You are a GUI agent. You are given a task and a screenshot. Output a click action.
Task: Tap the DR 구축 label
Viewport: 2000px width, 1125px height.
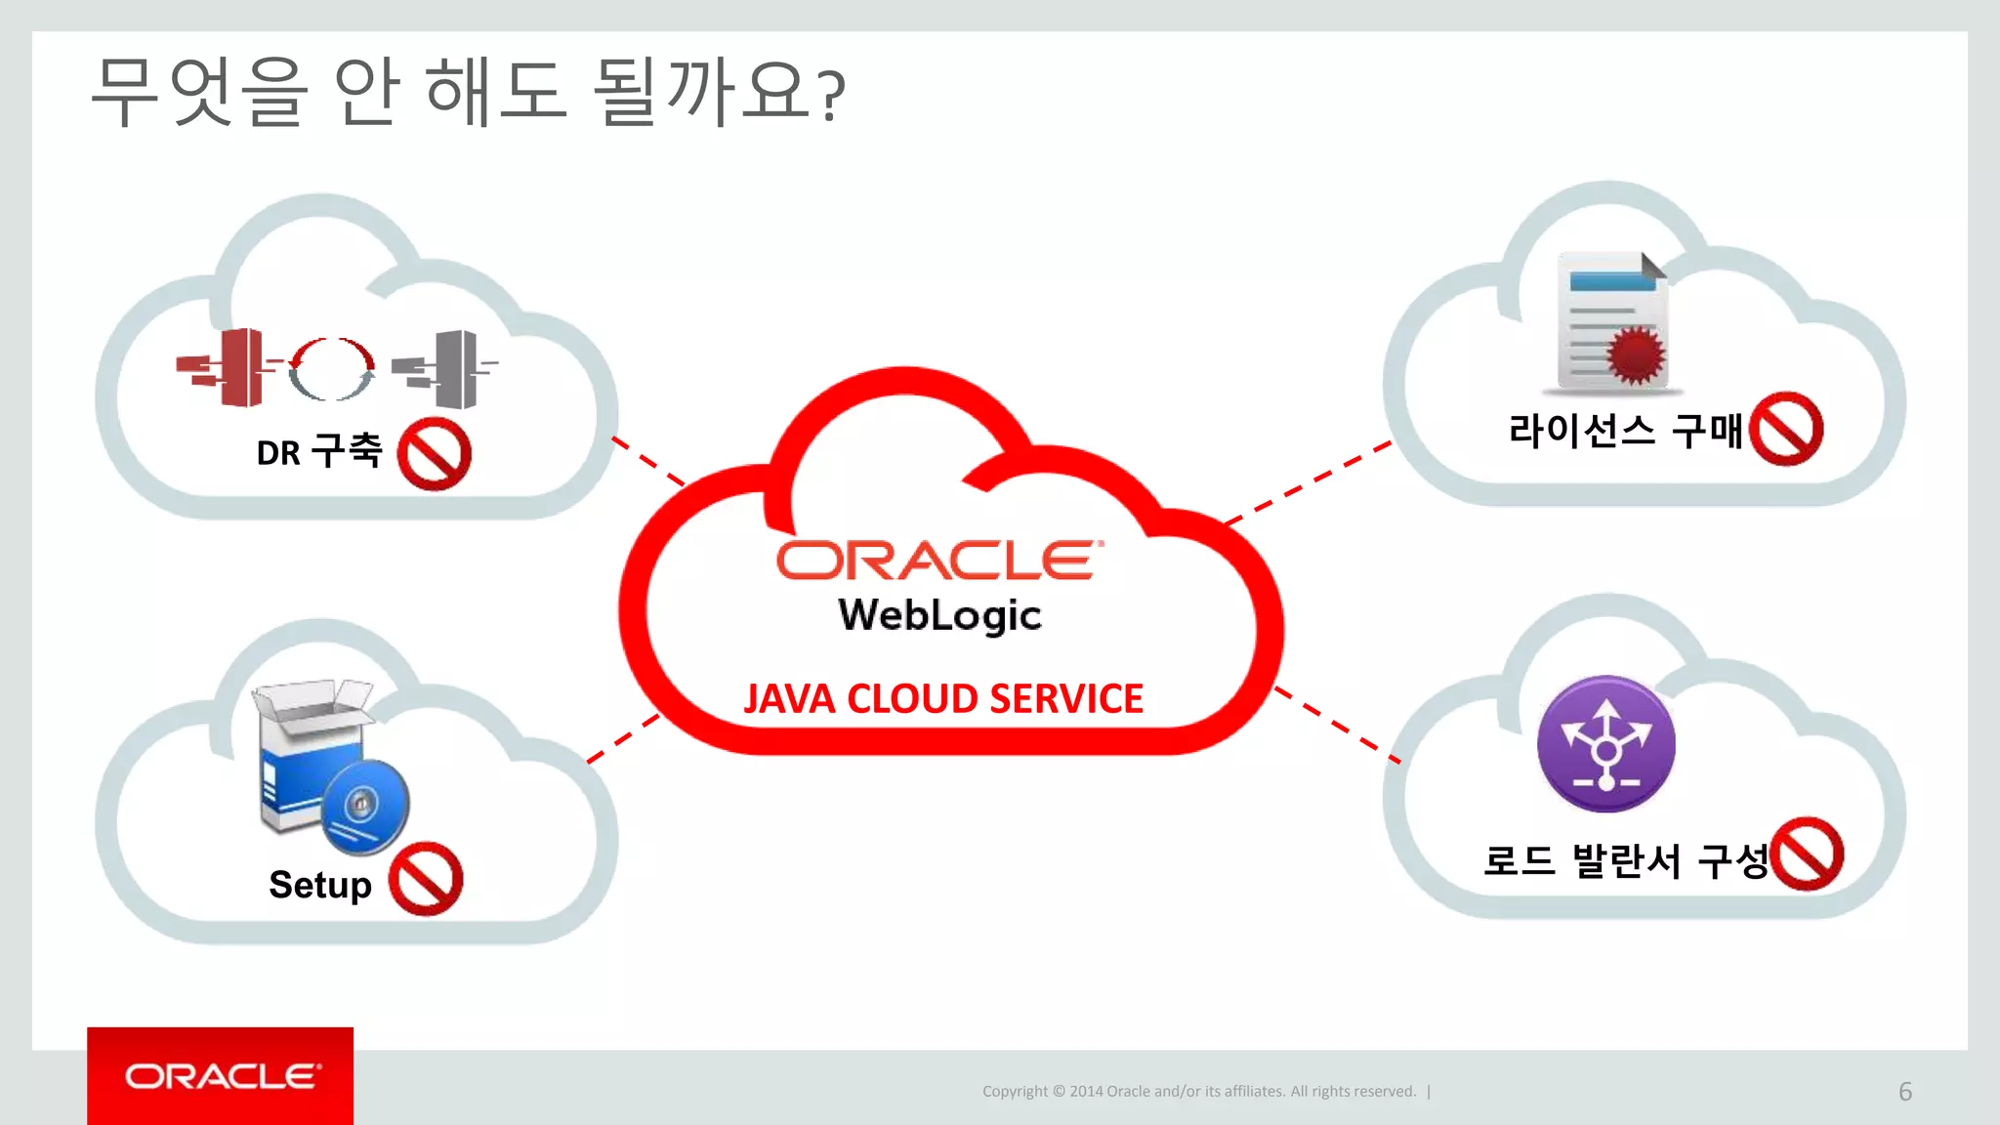[x=318, y=452]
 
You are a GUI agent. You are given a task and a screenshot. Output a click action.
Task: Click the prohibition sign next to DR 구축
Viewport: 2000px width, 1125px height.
[x=435, y=454]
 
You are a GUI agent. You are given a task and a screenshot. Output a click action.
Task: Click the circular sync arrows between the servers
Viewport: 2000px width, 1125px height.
[x=332, y=369]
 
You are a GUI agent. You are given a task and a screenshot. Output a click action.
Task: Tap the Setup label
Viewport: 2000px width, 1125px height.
[x=320, y=885]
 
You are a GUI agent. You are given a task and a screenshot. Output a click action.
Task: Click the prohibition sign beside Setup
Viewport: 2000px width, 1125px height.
[x=426, y=879]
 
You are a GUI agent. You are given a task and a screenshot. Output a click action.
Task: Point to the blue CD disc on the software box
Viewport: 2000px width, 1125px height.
[x=364, y=807]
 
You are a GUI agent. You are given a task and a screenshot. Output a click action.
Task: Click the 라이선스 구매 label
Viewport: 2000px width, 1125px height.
[x=1625, y=431]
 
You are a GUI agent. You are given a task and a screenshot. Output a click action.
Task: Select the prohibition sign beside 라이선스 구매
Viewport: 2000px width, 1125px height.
[x=1786, y=429]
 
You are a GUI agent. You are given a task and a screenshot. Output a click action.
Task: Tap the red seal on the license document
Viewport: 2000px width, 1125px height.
[x=1637, y=354]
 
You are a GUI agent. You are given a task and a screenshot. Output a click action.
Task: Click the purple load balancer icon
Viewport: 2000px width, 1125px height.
[x=1606, y=744]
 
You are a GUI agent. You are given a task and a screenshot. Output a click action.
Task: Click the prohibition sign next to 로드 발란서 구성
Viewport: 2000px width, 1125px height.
[x=1808, y=854]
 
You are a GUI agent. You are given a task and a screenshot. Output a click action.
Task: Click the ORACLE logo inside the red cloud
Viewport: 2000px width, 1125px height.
[x=939, y=561]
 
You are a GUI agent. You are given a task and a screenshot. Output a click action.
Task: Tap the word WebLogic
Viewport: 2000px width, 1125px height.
[x=939, y=615]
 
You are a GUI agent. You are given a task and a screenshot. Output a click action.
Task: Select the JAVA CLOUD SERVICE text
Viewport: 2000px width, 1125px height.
[x=943, y=699]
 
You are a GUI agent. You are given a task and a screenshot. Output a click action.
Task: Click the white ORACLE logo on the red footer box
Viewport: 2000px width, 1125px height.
[x=222, y=1076]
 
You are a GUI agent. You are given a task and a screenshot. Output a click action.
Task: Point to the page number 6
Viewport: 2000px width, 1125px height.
[x=1904, y=1092]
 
